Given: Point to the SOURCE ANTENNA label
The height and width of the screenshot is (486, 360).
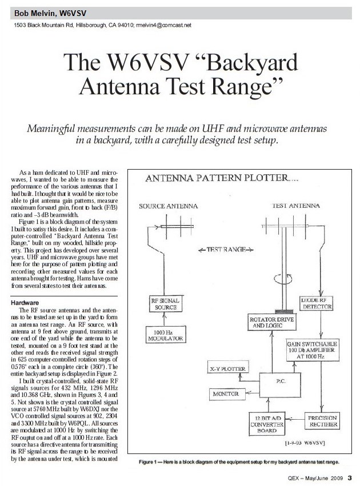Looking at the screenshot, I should click(169, 205).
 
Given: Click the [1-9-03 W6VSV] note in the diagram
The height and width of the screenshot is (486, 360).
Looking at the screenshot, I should click(309, 443).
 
